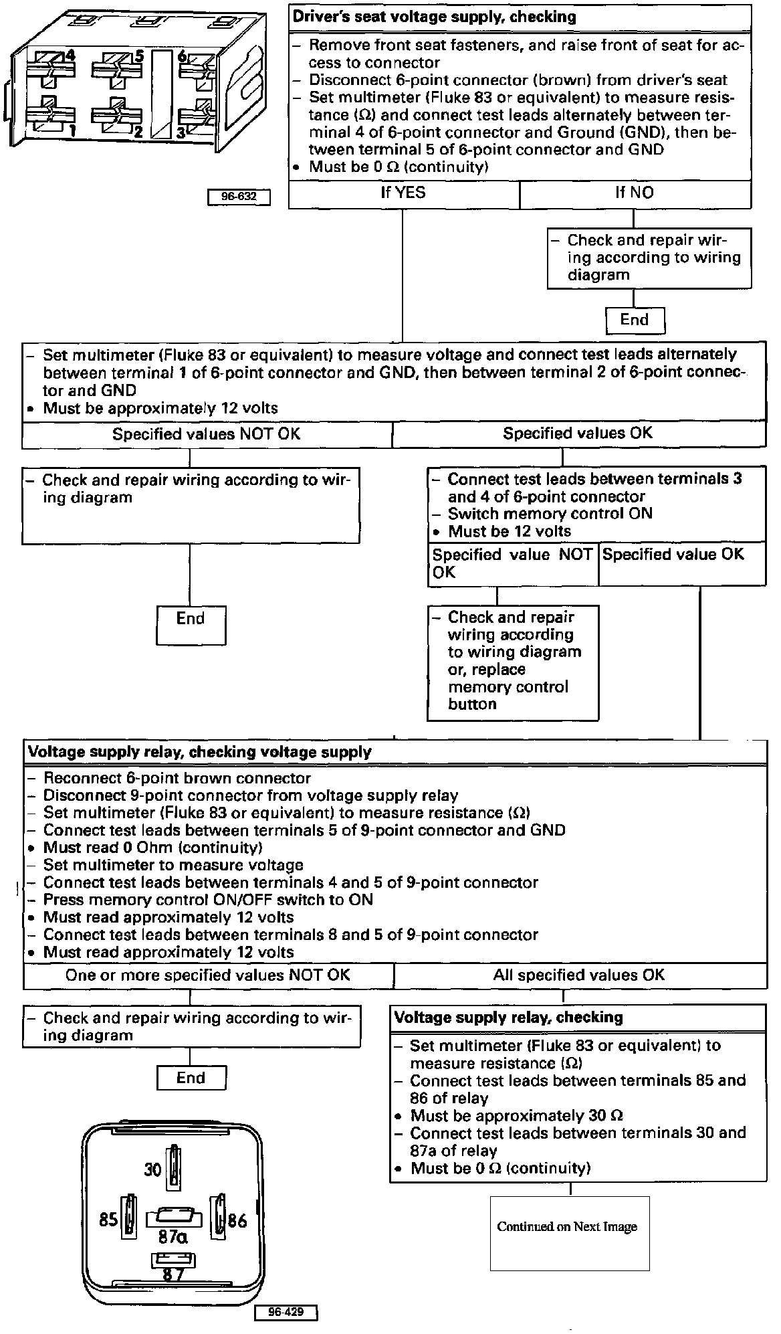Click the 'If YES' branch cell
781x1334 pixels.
click(403, 194)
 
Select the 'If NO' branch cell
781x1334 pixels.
click(635, 194)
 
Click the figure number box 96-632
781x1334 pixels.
click(239, 197)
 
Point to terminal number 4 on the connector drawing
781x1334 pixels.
click(70, 56)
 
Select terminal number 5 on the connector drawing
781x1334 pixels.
click(138, 56)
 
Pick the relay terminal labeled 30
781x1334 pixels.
click(154, 1169)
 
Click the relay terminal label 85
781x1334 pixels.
click(108, 1220)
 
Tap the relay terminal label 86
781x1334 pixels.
click(237, 1220)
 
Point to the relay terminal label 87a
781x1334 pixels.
click(173, 1238)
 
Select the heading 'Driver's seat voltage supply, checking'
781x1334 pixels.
click(435, 17)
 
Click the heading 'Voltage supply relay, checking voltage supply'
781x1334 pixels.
click(199, 752)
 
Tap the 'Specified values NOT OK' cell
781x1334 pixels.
click(207, 434)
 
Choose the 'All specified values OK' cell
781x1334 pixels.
click(579, 975)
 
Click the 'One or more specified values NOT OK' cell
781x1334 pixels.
click(207, 975)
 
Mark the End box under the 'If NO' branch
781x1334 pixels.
click(635, 320)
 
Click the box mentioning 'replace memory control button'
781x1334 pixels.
click(513, 661)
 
